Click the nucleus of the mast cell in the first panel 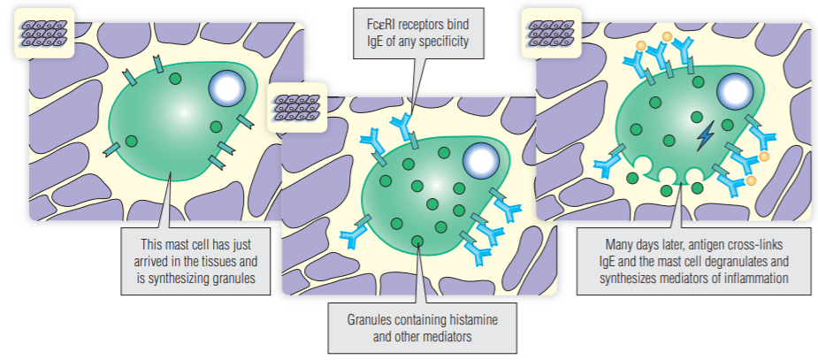[226, 89]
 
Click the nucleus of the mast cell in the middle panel [480, 160]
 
